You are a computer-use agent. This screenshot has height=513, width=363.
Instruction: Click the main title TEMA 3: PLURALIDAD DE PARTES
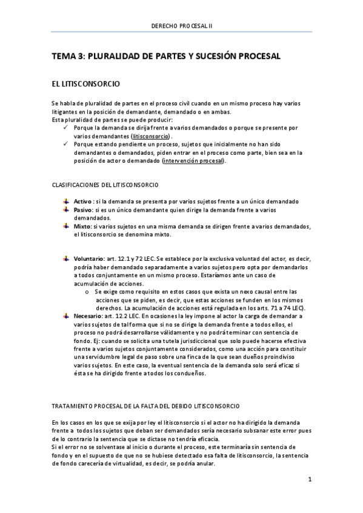pyautogui.click(x=167, y=56)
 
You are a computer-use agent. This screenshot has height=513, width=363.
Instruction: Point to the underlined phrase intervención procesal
pyautogui.click(x=193, y=161)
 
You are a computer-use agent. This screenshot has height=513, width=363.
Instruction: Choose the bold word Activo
pyautogui.click(x=82, y=201)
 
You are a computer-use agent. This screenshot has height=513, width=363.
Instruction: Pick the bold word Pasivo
pyautogui.click(x=83, y=209)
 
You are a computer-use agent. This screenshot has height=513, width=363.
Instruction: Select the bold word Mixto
pyautogui.click(x=82, y=226)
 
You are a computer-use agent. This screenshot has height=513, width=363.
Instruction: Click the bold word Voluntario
pyautogui.click(x=88, y=259)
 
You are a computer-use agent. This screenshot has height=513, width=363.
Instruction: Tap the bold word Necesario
pyautogui.click(x=88, y=316)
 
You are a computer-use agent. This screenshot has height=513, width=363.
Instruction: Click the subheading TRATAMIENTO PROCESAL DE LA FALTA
pyautogui.click(x=145, y=405)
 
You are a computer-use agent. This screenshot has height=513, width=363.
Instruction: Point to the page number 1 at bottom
pyautogui.click(x=309, y=480)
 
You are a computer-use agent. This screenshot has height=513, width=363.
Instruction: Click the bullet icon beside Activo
pyautogui.click(x=66, y=201)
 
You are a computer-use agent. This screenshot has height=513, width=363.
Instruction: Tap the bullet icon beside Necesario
pyautogui.click(x=66, y=316)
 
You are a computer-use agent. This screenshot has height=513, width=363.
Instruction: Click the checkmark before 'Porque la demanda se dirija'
pyautogui.click(x=65, y=128)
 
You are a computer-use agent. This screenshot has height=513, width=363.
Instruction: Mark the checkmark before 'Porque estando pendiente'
pyautogui.click(x=65, y=145)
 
